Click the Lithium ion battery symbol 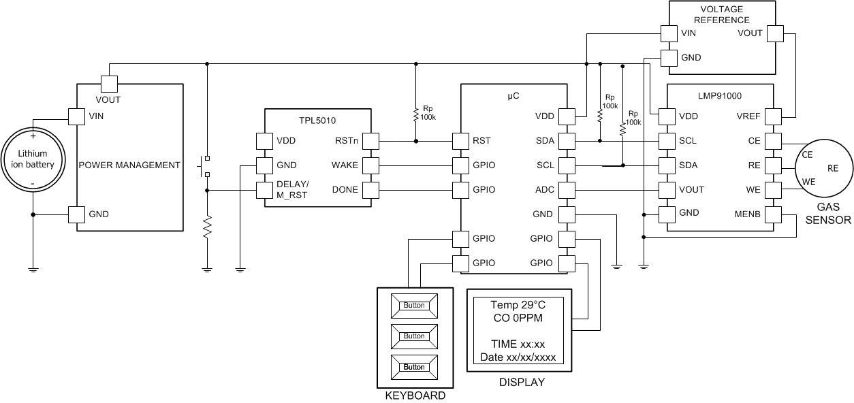33,164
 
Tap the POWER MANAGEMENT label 129,165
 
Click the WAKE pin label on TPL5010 345,165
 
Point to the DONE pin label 345,190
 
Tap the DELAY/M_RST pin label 293,190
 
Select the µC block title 513,96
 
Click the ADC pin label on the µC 545,190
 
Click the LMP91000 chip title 719,97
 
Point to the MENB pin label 746,214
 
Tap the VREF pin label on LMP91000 748,116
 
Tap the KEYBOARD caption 415,396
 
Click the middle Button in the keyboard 414,336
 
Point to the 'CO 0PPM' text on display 518,318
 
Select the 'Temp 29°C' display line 518,305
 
